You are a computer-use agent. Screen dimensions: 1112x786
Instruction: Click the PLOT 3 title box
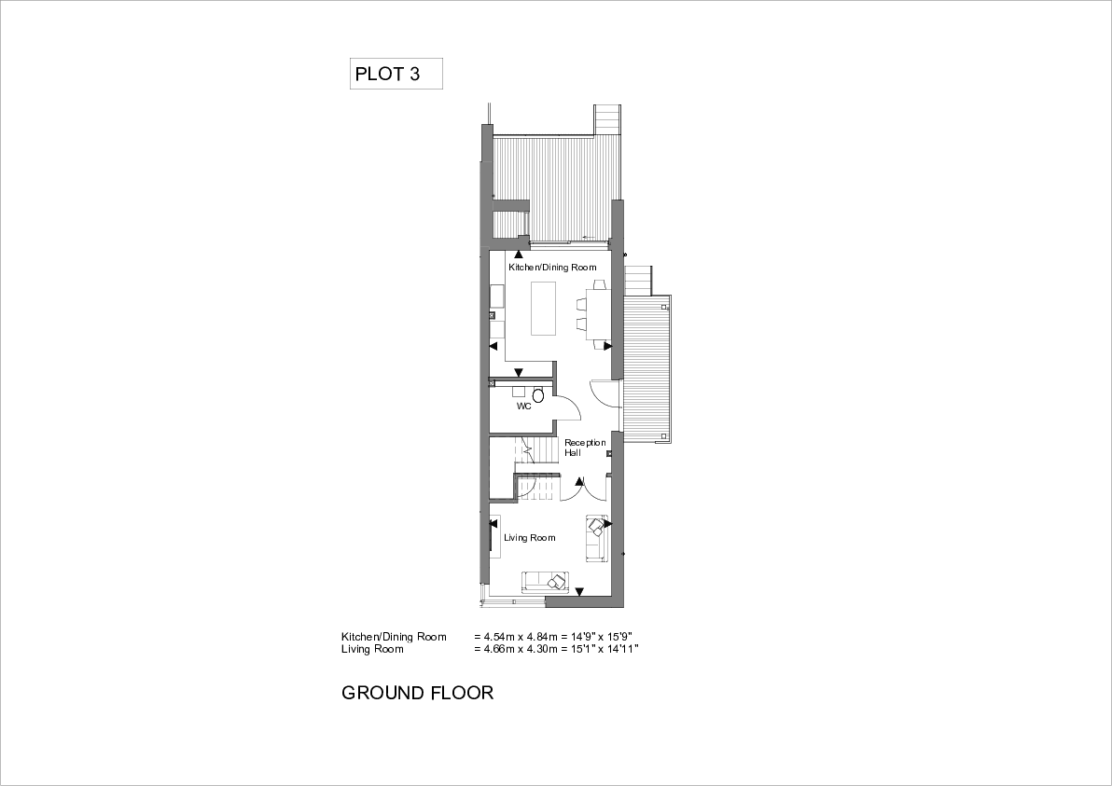396,74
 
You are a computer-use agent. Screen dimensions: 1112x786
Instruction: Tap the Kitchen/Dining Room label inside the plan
552,268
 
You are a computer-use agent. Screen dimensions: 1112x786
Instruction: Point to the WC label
523,407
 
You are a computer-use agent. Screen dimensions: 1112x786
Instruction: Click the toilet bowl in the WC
537,395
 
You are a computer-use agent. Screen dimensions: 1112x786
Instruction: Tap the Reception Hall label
584,448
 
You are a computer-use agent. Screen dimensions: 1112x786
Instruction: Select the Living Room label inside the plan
529,538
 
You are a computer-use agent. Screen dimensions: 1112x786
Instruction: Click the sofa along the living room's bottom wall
546,582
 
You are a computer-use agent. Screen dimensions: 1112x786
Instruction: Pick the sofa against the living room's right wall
596,538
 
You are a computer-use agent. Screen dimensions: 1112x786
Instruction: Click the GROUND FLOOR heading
417,693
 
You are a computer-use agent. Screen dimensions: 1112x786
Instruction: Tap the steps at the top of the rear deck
607,119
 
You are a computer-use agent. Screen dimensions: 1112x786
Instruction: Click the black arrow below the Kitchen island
519,372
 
